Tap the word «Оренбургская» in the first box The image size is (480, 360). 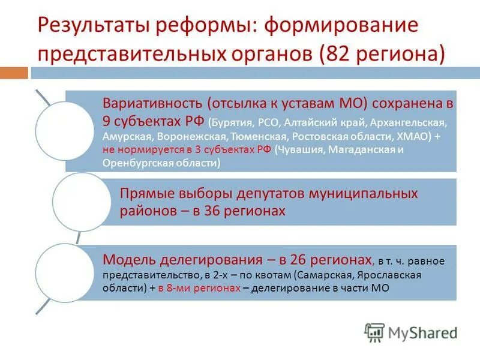pos(132,163)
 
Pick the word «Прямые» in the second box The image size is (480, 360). pos(144,194)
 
